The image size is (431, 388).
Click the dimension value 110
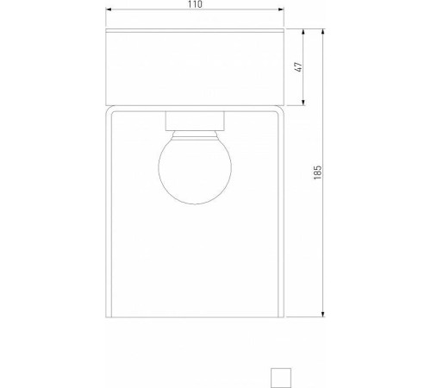[194, 5]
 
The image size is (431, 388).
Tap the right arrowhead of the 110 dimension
[282, 13]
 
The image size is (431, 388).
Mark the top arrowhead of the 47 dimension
[303, 32]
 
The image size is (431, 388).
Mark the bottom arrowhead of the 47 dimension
[303, 106]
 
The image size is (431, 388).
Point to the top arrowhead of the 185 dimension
[323, 32]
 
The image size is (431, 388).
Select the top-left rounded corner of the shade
[109, 112]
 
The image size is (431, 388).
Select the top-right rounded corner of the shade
[280, 112]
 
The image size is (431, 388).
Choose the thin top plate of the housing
[194, 33]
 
